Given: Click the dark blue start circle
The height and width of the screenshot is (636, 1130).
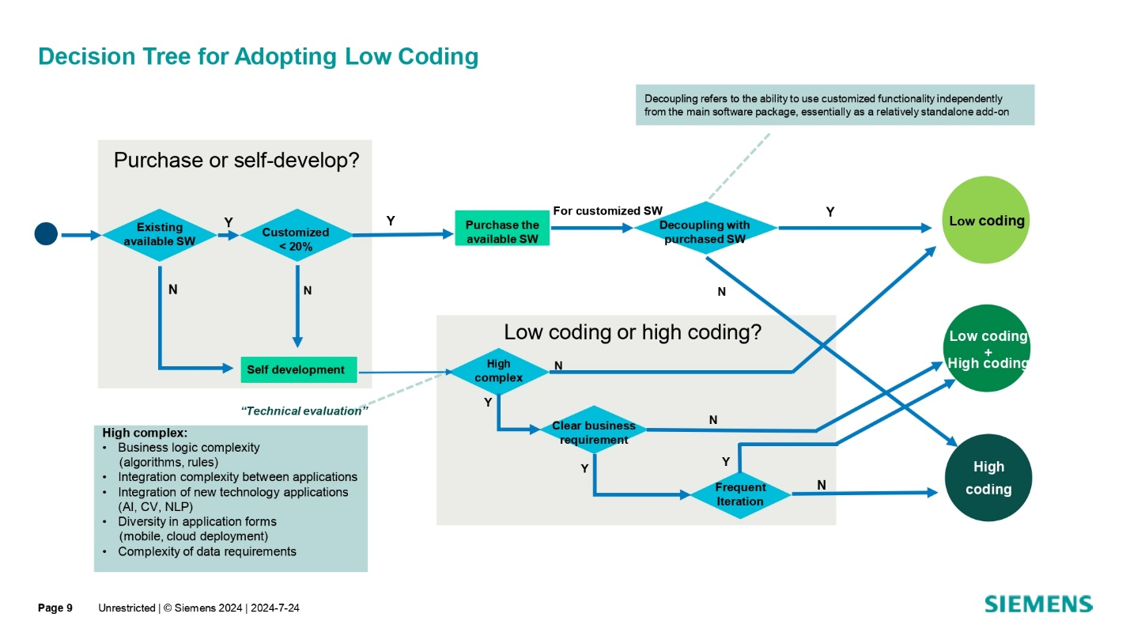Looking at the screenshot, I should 46,233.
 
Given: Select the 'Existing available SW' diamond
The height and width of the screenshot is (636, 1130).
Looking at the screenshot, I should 159,234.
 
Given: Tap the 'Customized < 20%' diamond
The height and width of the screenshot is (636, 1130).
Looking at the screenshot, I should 296,235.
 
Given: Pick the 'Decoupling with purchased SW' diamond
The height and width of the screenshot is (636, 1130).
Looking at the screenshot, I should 705,229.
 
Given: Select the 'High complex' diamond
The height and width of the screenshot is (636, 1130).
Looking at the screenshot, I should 499,371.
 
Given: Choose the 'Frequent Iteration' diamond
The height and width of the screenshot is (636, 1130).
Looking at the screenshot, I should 740,494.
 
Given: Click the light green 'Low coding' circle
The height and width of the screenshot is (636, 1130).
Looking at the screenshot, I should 986,220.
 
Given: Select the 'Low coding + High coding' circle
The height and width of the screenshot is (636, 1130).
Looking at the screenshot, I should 987,349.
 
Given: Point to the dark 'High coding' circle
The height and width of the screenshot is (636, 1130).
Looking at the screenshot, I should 988,478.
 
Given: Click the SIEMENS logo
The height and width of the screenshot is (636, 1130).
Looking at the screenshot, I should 1037,604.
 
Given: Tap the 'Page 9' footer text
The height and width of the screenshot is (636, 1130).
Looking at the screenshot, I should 55,608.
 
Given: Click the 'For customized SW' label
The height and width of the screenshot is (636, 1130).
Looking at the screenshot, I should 607,211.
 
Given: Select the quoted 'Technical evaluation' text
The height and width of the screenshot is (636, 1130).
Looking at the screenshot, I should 304,411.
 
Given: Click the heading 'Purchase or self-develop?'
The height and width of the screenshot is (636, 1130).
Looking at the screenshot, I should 236,161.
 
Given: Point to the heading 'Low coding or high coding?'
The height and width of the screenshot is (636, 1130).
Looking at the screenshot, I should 632,332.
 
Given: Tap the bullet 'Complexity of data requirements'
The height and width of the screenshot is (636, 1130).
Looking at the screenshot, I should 206,551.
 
